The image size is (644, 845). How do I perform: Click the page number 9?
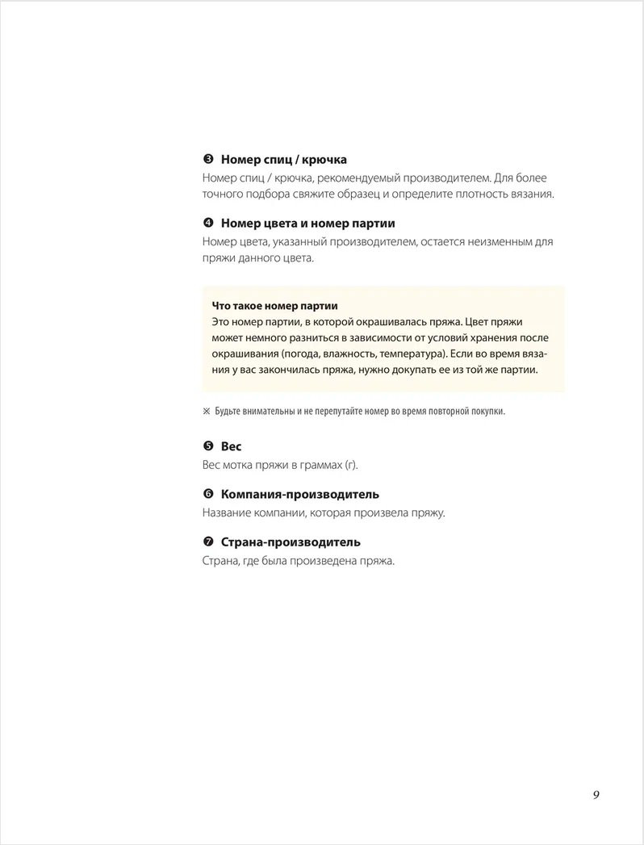tap(596, 794)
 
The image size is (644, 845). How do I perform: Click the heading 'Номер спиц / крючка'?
tap(283, 160)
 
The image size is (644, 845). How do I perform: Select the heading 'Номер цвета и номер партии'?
tap(307, 223)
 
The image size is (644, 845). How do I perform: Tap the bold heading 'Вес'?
tap(231, 446)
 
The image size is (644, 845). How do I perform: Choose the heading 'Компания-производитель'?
tap(299, 494)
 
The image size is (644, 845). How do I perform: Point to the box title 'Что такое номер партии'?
tap(274, 306)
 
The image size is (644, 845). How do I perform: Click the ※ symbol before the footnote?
tap(206, 412)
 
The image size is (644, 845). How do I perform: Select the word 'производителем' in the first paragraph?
tap(441, 178)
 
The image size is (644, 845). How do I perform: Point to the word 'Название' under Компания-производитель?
tap(225, 512)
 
